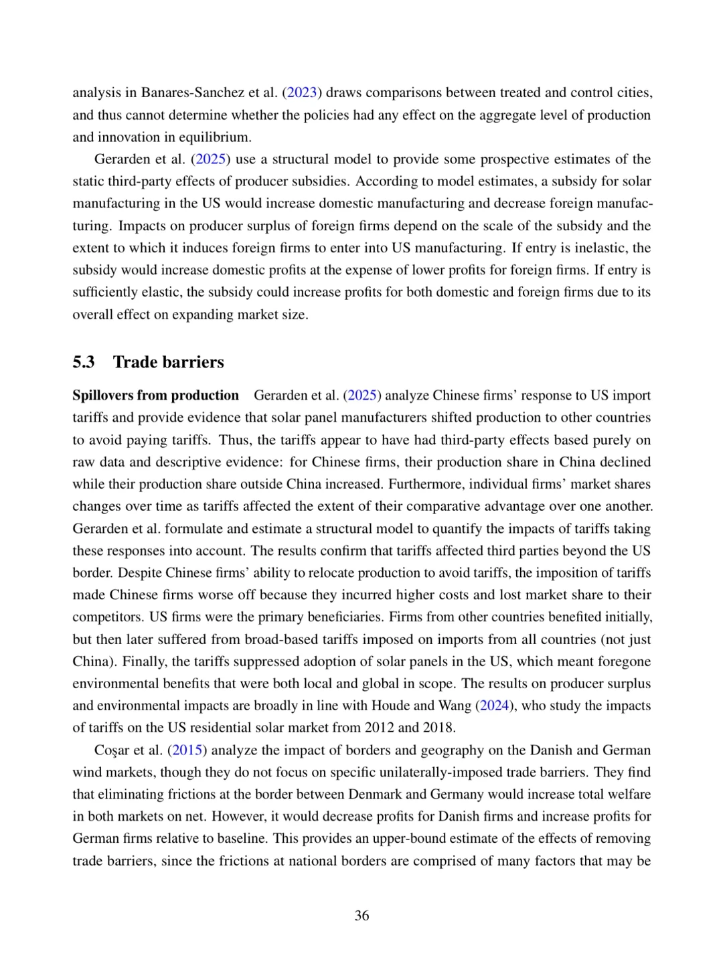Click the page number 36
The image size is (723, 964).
[361, 915]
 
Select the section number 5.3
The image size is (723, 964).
[84, 362]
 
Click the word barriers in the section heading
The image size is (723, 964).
[195, 362]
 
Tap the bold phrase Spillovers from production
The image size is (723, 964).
[155, 395]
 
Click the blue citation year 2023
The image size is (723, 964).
[302, 92]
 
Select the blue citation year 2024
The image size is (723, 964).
[493, 706]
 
